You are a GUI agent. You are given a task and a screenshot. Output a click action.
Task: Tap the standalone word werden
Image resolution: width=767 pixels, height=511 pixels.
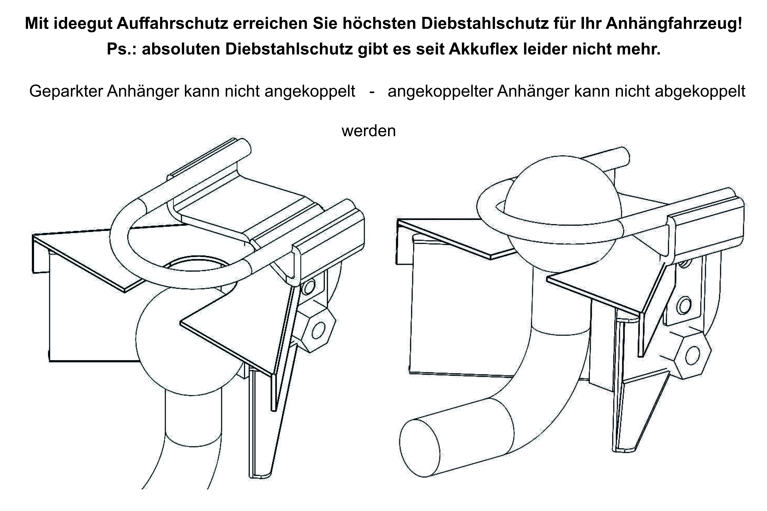click(368, 131)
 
